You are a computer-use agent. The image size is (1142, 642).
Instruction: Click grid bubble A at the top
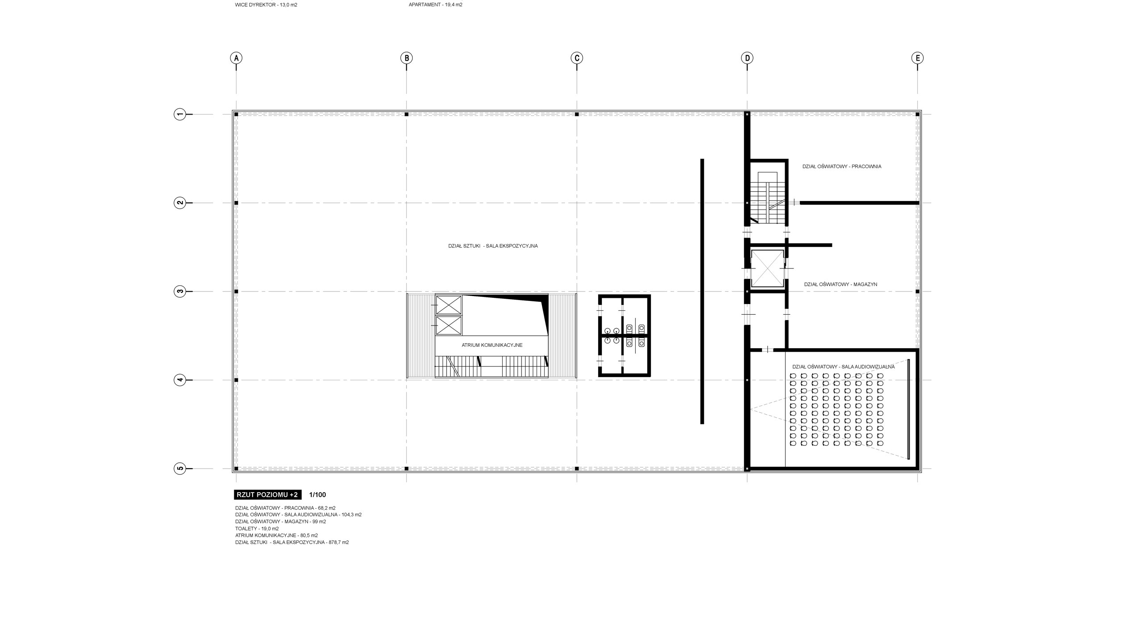click(x=236, y=58)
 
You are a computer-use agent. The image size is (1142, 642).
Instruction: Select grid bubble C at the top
click(x=577, y=58)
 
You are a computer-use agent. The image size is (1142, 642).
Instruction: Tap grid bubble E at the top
click(x=918, y=58)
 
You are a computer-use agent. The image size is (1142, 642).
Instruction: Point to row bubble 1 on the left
click(x=179, y=115)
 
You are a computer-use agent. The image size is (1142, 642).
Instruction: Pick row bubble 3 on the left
click(x=179, y=292)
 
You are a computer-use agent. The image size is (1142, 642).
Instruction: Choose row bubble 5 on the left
click(x=179, y=469)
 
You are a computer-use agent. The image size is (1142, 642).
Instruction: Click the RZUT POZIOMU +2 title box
click(x=268, y=494)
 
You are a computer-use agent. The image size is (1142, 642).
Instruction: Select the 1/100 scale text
click(x=318, y=494)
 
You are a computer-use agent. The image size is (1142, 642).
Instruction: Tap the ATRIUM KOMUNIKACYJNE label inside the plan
click(x=492, y=345)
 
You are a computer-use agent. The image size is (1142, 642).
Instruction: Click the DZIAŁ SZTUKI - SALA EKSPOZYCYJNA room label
click(x=493, y=246)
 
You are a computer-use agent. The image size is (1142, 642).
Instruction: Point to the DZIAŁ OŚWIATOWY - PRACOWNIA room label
click(x=842, y=167)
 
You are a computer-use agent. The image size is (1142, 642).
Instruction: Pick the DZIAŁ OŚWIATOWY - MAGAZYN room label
click(x=841, y=284)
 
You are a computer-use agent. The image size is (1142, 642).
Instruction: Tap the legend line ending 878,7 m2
click(x=292, y=543)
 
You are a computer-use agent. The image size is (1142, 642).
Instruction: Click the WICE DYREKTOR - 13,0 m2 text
click(x=266, y=5)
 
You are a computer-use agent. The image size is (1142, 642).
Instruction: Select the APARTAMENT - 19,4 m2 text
click(x=435, y=5)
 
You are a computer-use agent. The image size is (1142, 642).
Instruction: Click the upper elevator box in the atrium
click(x=448, y=305)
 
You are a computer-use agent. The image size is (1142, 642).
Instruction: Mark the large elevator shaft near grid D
click(x=767, y=269)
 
